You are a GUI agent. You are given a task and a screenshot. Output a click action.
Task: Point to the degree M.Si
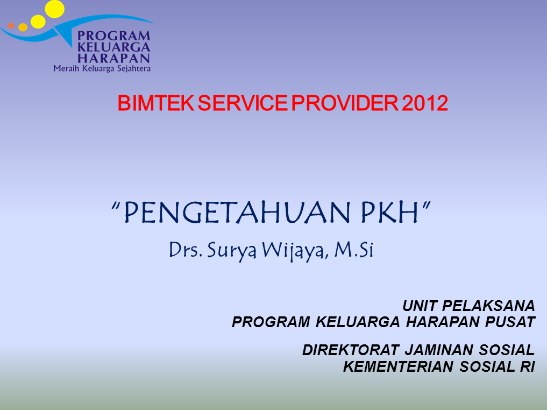[x=353, y=250]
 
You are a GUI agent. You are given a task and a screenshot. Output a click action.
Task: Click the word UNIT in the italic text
[x=420, y=306]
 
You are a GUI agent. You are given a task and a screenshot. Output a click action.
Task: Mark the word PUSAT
[x=515, y=322]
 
